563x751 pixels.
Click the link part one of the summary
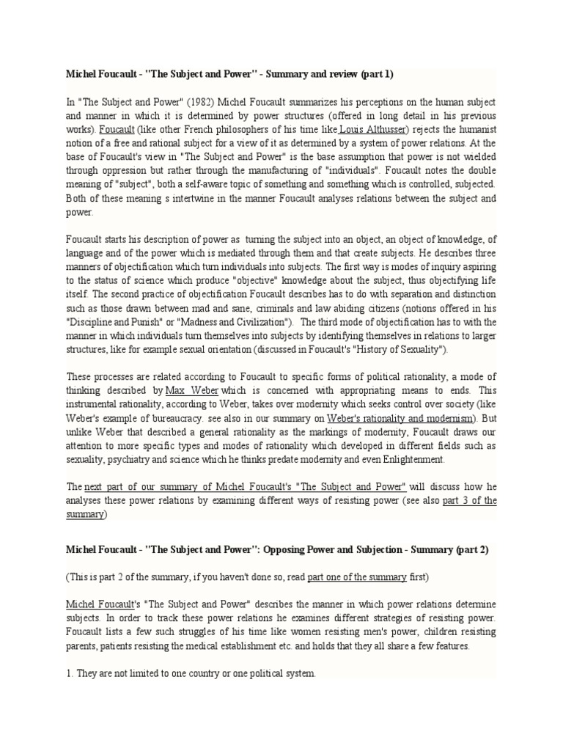click(x=357, y=576)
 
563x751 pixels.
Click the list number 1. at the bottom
click(x=71, y=673)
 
